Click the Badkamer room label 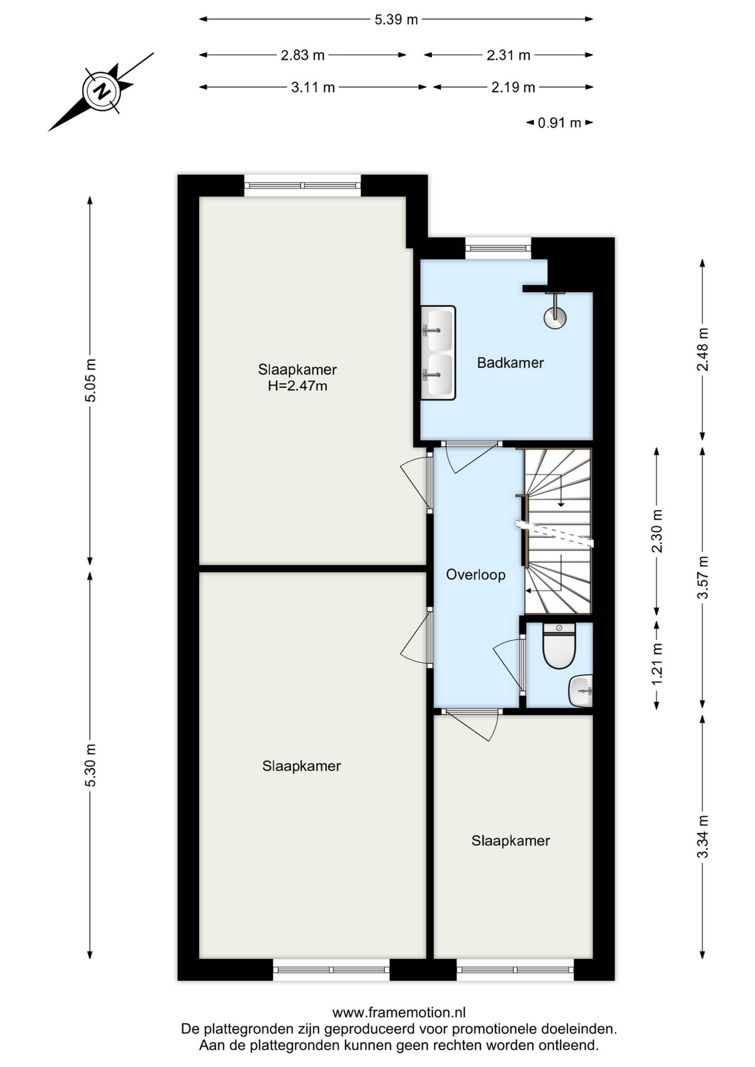(x=510, y=362)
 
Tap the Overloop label (x=475, y=575)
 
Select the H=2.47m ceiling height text (x=298, y=386)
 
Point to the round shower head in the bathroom (x=555, y=318)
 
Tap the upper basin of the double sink (x=439, y=330)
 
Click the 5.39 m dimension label (x=396, y=20)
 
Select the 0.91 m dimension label (x=559, y=123)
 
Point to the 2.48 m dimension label (x=702, y=350)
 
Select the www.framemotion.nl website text (x=399, y=1012)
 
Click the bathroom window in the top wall (x=498, y=248)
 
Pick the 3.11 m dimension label (x=313, y=87)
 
